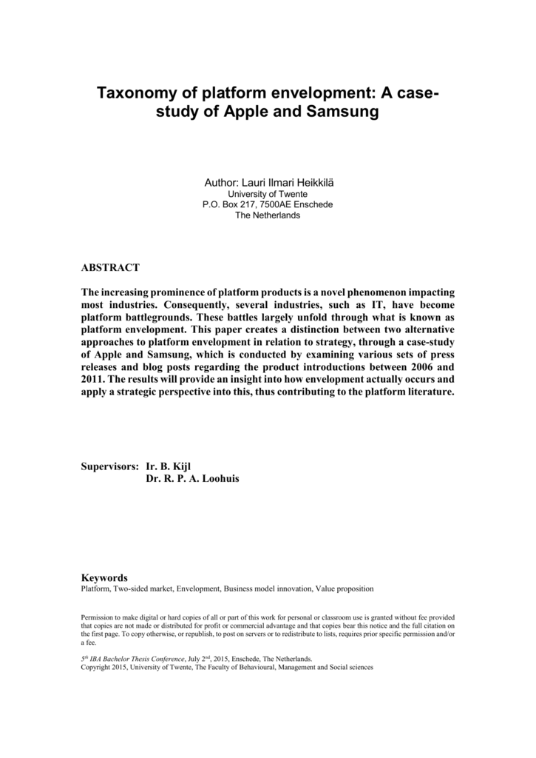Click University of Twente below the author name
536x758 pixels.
pos(267,194)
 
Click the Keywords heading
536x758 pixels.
pos(104,577)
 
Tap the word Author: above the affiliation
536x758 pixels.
pos(220,182)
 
